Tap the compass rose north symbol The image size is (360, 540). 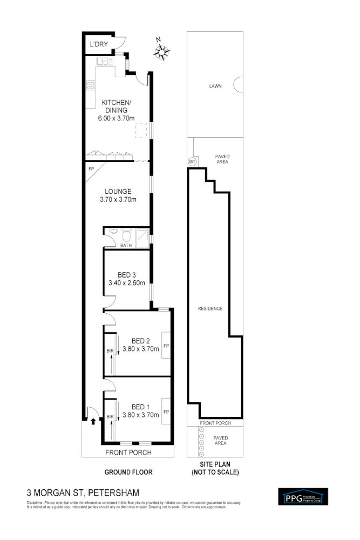(x=161, y=51)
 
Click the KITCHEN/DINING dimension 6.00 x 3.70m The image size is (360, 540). (x=116, y=118)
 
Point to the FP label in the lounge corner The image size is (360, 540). (x=91, y=168)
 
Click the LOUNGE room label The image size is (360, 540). (x=118, y=191)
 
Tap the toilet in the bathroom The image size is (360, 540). (x=126, y=235)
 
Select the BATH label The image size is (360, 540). (x=126, y=246)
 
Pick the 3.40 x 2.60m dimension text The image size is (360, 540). (x=127, y=282)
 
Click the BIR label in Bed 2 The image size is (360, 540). (x=110, y=350)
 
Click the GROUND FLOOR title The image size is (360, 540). (x=128, y=471)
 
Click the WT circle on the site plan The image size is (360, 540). (x=192, y=161)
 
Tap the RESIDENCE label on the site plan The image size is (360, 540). (x=210, y=308)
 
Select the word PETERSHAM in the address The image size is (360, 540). (x=114, y=492)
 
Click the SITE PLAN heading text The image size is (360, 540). (x=215, y=468)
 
